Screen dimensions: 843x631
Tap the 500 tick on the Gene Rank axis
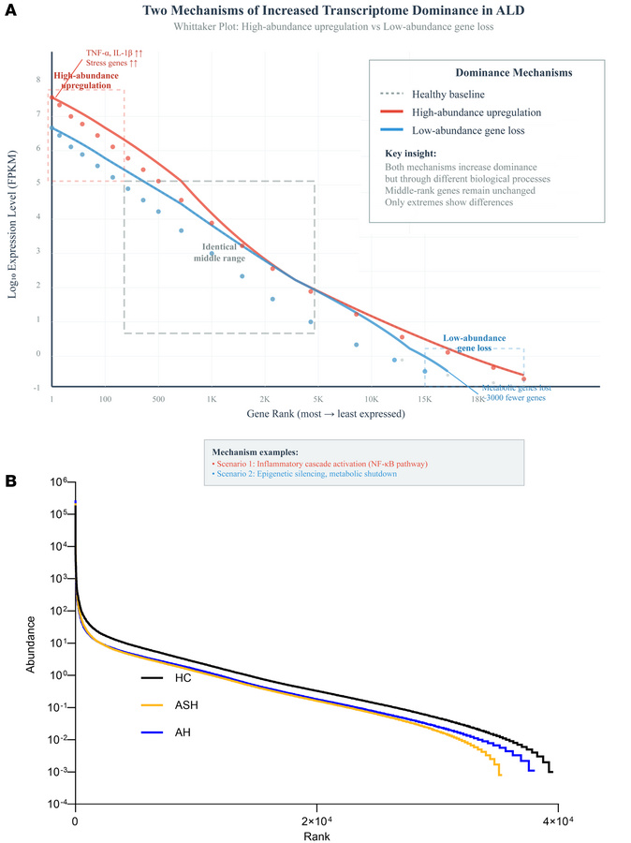(x=157, y=398)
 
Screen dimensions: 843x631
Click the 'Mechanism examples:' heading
(x=252, y=451)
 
